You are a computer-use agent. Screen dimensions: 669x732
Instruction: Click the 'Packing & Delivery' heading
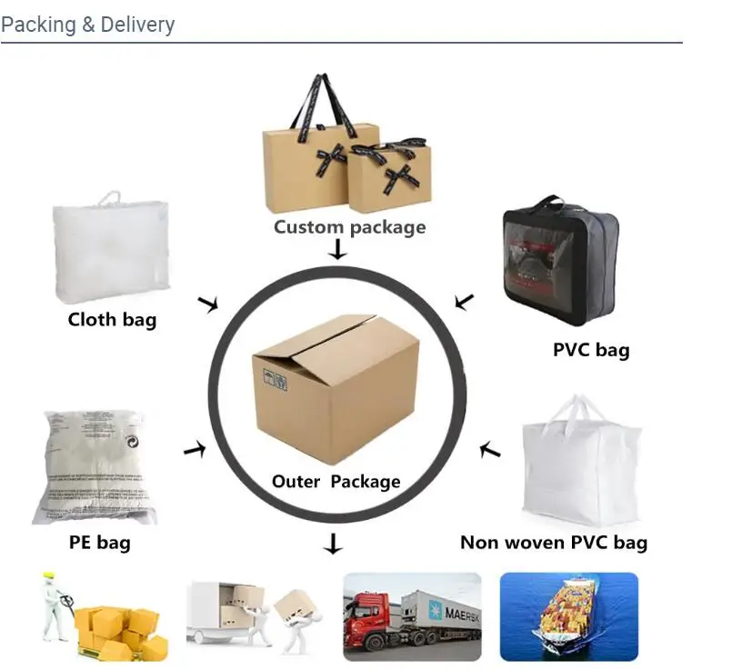(x=87, y=24)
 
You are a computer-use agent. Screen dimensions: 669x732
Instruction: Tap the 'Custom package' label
(x=349, y=226)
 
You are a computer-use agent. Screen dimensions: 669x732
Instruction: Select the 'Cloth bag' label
(x=112, y=319)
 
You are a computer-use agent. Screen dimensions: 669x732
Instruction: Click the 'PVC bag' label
(x=591, y=349)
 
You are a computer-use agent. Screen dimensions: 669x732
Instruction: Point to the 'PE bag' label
(x=100, y=543)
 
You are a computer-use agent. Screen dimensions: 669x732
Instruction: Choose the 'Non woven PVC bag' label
(x=554, y=543)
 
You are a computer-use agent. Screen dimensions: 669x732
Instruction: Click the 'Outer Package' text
(x=336, y=481)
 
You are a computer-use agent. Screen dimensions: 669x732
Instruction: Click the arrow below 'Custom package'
(x=337, y=249)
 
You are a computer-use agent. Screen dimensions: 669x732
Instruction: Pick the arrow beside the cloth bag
(x=208, y=304)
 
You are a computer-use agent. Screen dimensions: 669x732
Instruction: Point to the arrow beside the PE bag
(x=195, y=448)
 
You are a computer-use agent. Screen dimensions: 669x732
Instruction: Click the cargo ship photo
(x=569, y=615)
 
